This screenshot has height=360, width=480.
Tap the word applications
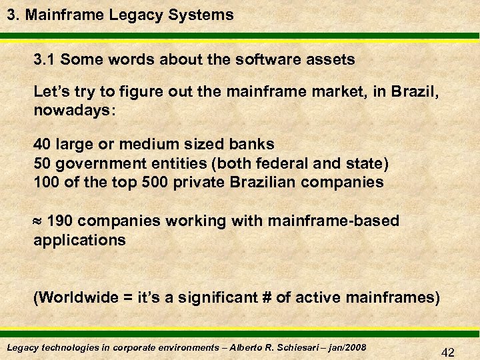(79, 240)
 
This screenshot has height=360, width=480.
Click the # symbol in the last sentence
(266, 297)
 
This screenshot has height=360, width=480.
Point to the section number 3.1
(46, 59)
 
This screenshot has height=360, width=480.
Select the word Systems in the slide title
(204, 14)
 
